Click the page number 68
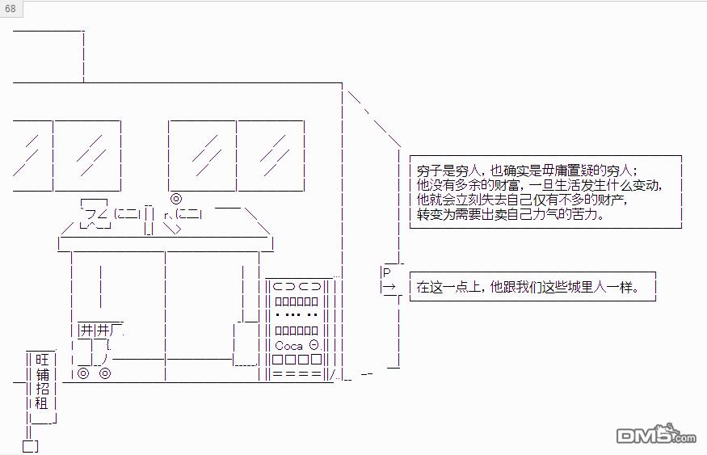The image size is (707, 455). tap(11, 9)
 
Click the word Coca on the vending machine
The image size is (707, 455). tap(288, 345)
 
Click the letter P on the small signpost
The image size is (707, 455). tap(386, 272)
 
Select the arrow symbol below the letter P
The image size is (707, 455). tap(388, 287)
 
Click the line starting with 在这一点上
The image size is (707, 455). tap(527, 287)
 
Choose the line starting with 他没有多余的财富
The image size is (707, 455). tap(539, 185)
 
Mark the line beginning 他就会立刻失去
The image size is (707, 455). tap(521, 200)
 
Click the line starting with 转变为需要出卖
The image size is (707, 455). tap(510, 215)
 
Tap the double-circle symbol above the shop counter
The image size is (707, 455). tap(175, 199)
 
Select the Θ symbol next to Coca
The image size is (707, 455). tap(314, 345)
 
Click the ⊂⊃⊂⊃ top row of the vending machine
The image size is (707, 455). tap(297, 285)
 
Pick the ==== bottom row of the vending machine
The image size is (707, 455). tap(297, 374)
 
